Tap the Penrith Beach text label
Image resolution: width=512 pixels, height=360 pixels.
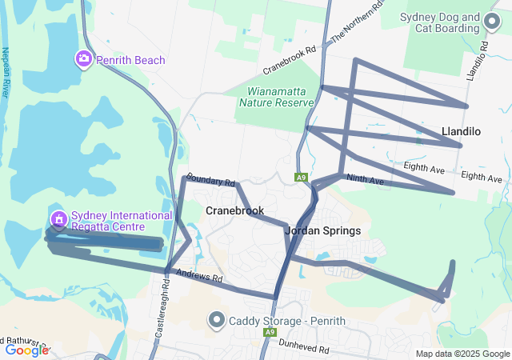pyautogui.click(x=130, y=60)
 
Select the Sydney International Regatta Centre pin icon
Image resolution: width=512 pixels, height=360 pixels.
pyautogui.click(x=58, y=218)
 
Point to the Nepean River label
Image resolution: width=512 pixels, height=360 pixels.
pyautogui.click(x=6, y=72)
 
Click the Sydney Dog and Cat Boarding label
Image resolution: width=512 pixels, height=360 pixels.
pyautogui.click(x=451, y=23)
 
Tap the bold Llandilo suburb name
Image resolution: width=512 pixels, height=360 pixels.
pyautogui.click(x=461, y=130)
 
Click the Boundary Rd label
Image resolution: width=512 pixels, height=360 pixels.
pyautogui.click(x=210, y=182)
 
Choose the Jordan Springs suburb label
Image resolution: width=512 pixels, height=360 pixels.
pyautogui.click(x=322, y=230)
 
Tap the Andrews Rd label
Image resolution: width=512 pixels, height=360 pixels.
pyautogui.click(x=199, y=277)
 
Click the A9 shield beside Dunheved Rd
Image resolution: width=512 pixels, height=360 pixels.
pyautogui.click(x=270, y=331)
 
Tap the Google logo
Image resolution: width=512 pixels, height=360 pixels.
pyautogui.click(x=26, y=350)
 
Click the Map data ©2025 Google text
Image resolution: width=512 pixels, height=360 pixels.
pyautogui.click(x=462, y=354)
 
